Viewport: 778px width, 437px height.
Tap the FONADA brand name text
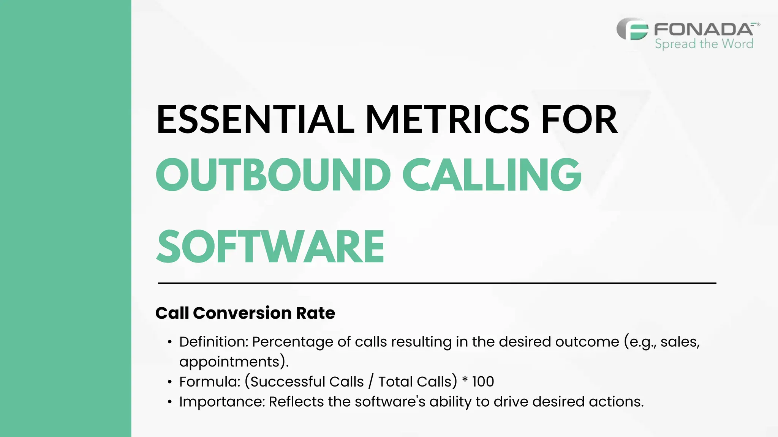704,29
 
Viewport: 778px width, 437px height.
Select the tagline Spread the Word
704,44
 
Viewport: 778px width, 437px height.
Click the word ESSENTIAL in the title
255,119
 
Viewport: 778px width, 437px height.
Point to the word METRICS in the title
447,119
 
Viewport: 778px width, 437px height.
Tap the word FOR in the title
579,119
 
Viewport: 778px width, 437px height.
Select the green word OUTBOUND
273,175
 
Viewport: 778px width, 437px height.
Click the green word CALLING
492,175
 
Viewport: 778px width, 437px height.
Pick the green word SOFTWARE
270,247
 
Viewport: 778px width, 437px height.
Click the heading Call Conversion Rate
245,313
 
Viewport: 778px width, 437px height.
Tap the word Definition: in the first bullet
213,342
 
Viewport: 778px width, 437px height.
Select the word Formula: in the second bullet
210,382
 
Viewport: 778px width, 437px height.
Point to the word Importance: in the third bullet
222,402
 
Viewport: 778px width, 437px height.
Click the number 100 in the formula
483,382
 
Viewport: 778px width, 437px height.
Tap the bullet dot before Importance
170,402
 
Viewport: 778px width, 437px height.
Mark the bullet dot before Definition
170,342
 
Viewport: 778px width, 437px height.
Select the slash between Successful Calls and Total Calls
371,382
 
